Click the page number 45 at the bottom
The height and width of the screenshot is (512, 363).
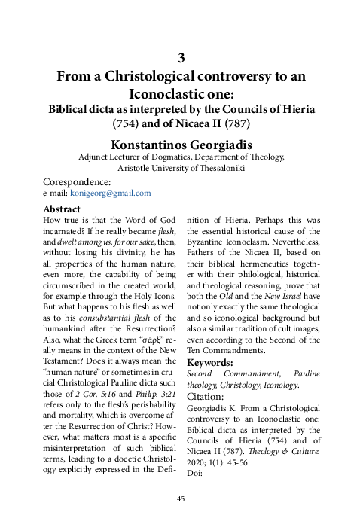(x=181, y=499)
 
